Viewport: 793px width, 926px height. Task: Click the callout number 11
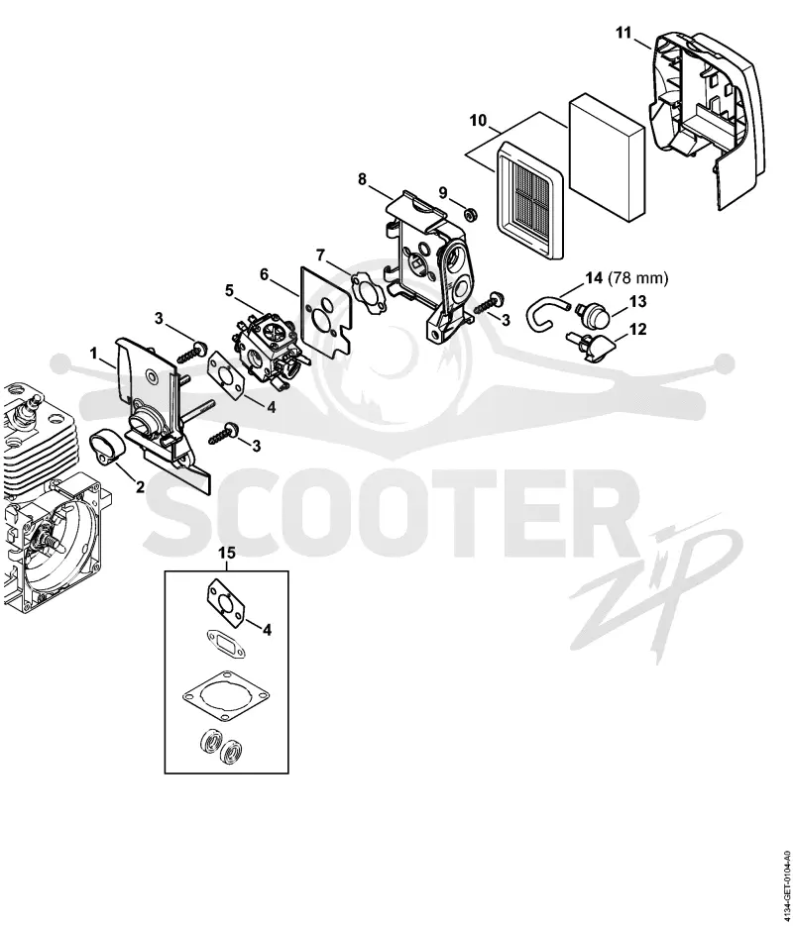pyautogui.click(x=623, y=33)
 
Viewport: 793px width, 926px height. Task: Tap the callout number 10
pyautogui.click(x=478, y=121)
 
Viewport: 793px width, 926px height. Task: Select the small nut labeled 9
pyautogui.click(x=471, y=214)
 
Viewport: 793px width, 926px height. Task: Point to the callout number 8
pyautogui.click(x=362, y=179)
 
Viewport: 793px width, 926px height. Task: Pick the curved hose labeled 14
pyautogui.click(x=545, y=314)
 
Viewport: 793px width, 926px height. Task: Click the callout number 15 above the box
pyautogui.click(x=227, y=554)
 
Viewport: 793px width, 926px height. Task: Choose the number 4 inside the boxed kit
pyautogui.click(x=267, y=630)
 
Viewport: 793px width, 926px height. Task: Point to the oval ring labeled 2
pyautogui.click(x=106, y=450)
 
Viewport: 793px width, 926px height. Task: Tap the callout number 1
pyautogui.click(x=93, y=354)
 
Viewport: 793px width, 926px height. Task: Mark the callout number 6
pyautogui.click(x=264, y=274)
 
